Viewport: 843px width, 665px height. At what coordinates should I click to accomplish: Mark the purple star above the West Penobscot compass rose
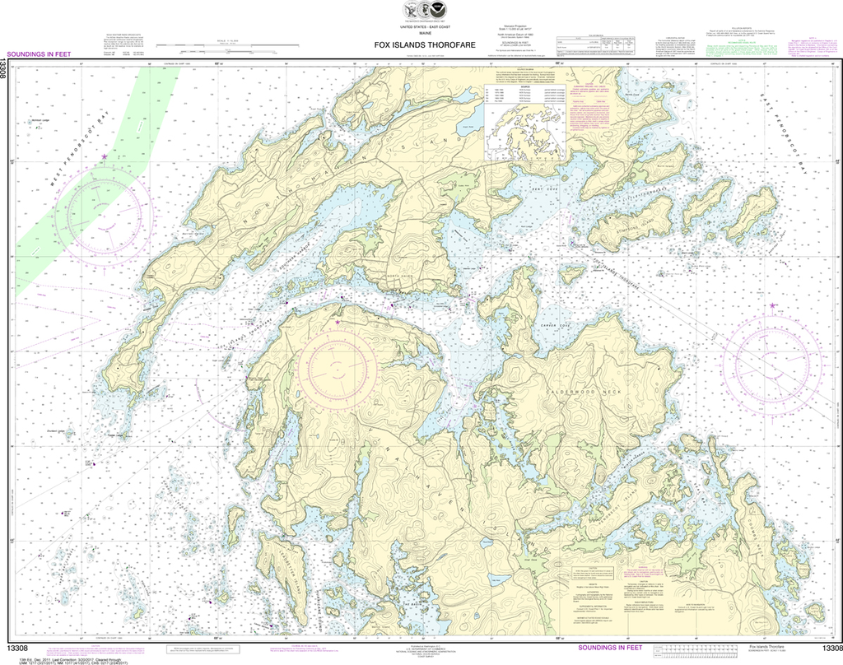click(x=104, y=156)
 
